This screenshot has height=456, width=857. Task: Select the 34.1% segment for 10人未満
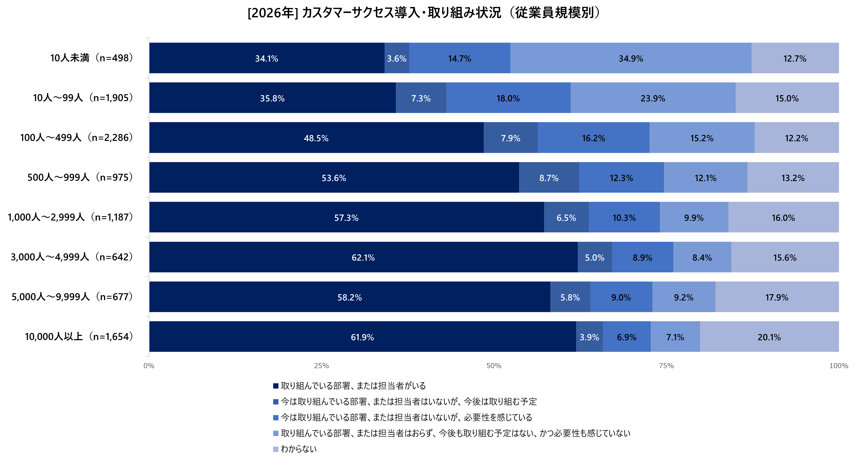click(x=266, y=58)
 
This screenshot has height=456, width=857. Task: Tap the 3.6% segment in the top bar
click(x=397, y=58)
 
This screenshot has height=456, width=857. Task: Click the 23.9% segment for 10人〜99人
click(x=653, y=98)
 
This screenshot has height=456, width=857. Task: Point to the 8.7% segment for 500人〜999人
click(x=549, y=178)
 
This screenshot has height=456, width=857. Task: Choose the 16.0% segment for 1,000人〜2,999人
click(x=783, y=218)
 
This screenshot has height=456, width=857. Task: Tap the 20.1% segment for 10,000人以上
click(x=769, y=337)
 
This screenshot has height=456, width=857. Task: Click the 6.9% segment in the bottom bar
click(x=626, y=337)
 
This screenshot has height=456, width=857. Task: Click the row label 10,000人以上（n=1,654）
click(x=79, y=337)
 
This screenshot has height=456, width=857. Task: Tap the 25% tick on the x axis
click(x=321, y=366)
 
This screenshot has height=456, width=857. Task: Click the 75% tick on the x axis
click(x=666, y=366)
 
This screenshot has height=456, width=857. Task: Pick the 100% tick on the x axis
click(x=838, y=366)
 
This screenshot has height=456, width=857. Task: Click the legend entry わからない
click(x=298, y=449)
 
